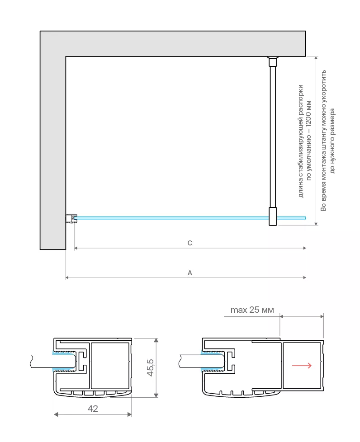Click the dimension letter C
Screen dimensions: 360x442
[190, 243]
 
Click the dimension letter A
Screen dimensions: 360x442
[190, 273]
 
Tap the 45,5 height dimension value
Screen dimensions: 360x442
[150, 367]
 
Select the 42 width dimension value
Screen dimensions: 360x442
[93, 409]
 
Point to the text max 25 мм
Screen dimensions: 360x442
[252, 310]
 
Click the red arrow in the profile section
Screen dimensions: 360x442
[302, 366]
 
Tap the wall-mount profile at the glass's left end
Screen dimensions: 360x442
[71, 218]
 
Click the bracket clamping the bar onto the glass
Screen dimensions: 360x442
[273, 216]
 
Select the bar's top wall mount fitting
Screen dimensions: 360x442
[273, 61]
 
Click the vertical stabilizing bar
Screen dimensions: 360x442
[273, 137]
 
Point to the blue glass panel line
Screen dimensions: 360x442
[189, 218]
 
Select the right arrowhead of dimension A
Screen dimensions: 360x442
[304, 277]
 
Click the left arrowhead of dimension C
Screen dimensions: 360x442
[76, 248]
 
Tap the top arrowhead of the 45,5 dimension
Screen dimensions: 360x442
[156, 340]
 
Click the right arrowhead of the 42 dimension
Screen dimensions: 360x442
[129, 414]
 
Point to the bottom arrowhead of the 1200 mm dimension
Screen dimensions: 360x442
[316, 224]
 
